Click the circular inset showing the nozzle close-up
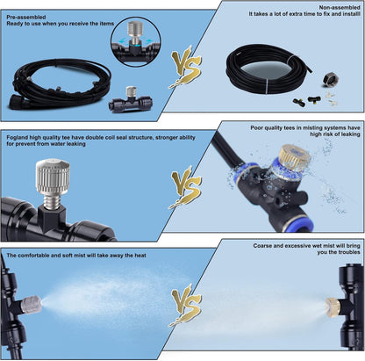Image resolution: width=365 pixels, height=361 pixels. click(x=134, y=35)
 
